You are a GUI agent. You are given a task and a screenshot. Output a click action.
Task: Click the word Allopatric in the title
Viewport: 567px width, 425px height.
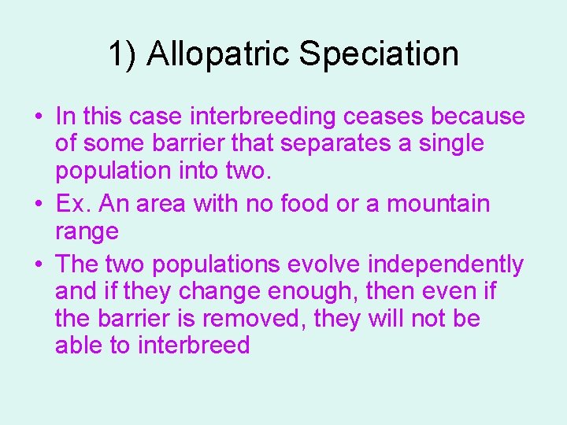point(217,54)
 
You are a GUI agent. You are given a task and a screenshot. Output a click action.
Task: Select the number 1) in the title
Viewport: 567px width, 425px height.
point(123,54)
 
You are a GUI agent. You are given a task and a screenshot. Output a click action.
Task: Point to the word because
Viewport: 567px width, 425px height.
point(479,117)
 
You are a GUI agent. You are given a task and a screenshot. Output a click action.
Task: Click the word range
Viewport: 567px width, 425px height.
point(87,232)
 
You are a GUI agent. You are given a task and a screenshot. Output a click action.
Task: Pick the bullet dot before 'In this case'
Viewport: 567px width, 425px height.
point(38,117)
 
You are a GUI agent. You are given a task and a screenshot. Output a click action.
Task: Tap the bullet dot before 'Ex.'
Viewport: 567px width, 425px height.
point(38,204)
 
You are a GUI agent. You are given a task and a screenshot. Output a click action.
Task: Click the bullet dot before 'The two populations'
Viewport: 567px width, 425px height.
point(38,264)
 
